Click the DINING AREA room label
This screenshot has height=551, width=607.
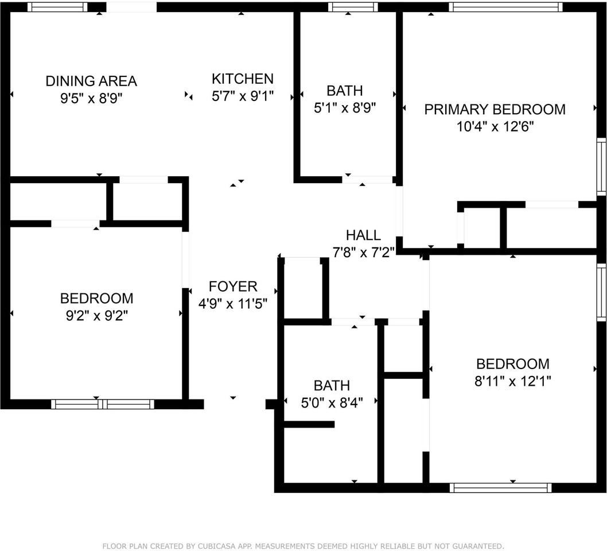point(91,81)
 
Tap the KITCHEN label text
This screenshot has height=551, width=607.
point(243,79)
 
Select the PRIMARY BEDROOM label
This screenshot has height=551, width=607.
point(495,109)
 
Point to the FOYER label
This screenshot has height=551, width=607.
point(233,286)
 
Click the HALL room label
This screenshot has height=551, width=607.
point(363,235)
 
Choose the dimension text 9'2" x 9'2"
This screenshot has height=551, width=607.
point(96,315)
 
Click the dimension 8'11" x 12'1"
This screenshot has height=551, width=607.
point(513,381)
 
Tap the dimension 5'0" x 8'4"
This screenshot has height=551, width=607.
point(332,403)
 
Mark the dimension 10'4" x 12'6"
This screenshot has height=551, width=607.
point(495,126)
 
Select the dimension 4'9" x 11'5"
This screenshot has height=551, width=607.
point(233,304)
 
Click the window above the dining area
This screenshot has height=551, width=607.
point(57,7)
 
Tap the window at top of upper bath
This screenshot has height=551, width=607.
point(353,7)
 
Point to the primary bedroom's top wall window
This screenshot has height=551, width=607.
point(504,7)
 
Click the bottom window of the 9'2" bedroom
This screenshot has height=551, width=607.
point(103,404)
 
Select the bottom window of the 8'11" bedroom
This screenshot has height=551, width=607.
point(501,488)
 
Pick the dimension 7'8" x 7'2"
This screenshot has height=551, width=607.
point(363,252)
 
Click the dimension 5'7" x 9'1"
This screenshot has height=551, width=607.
point(243,96)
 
